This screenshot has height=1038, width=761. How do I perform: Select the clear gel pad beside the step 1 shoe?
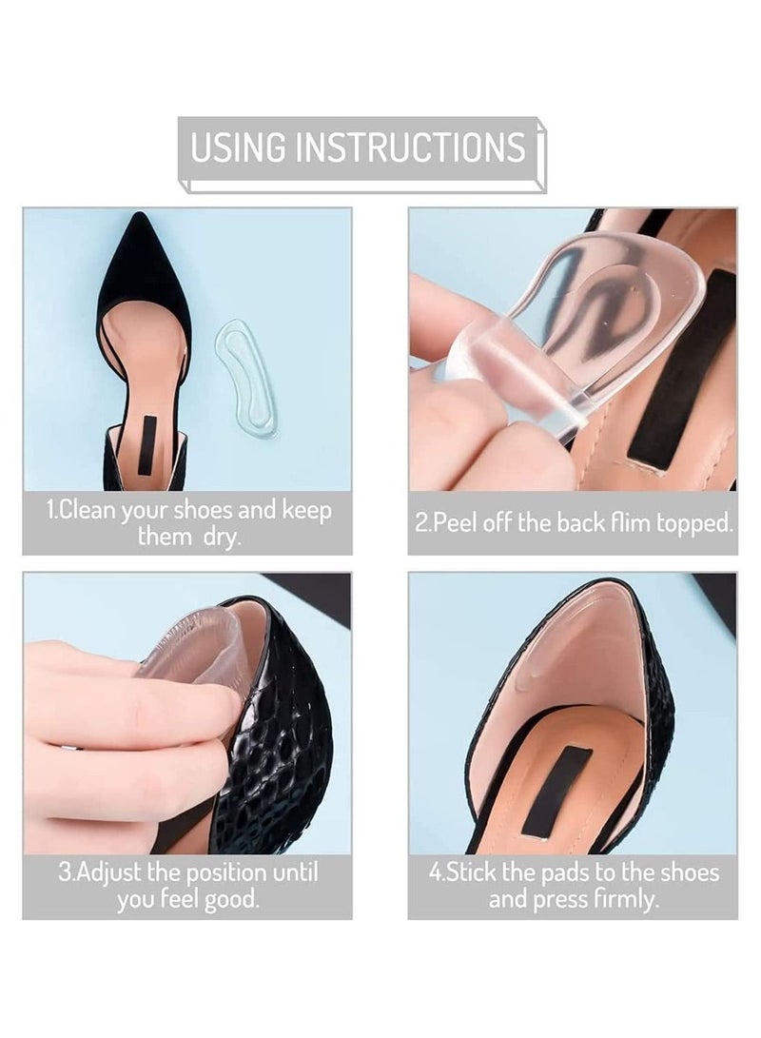pyautogui.click(x=245, y=377)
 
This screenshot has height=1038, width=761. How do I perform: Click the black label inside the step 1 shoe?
pyautogui.click(x=146, y=444)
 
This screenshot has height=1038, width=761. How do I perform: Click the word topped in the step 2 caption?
pyautogui.click(x=691, y=523)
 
